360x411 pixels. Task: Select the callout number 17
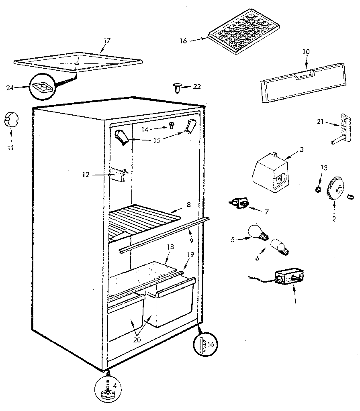[106, 41]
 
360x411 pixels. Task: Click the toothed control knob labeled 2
[335, 189]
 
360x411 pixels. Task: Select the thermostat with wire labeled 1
[288, 277]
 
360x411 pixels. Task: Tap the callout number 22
[196, 86]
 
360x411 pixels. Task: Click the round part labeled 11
[12, 120]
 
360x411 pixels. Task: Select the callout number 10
[306, 52]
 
